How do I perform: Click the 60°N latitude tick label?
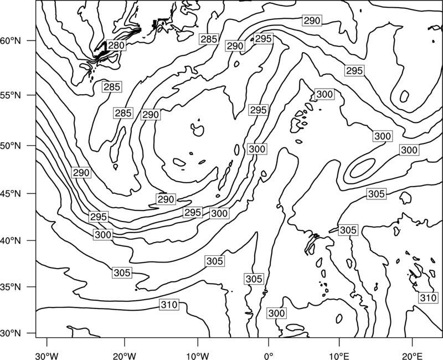(x=11, y=41)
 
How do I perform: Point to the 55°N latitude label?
(x=11, y=95)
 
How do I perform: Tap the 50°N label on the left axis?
(x=11, y=146)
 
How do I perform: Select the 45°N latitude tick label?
(x=11, y=193)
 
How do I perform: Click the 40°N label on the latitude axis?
(x=11, y=241)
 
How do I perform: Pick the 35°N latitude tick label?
(x=11, y=287)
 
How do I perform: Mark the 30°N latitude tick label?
(x=11, y=333)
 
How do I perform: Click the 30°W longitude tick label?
(x=47, y=356)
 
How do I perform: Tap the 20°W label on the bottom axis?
(x=124, y=356)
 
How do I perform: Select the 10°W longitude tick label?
(x=198, y=356)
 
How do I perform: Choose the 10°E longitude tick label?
(x=339, y=356)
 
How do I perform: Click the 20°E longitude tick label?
(x=412, y=356)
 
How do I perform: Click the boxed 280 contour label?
(x=116, y=45)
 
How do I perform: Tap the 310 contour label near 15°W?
(x=169, y=305)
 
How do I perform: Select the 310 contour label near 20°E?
(x=428, y=298)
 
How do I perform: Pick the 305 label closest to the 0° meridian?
(x=254, y=279)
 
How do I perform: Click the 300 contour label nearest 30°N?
(x=276, y=313)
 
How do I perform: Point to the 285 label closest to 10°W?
(x=209, y=39)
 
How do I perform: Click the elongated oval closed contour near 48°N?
(x=363, y=168)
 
